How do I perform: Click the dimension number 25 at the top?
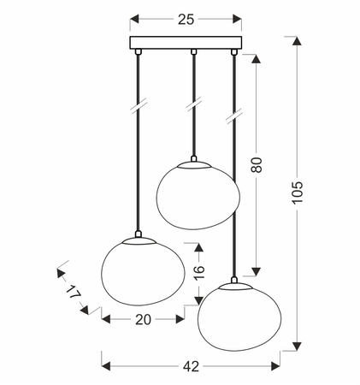click(186, 20)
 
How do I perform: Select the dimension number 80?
click(257, 164)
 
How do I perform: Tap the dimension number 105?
click(297, 192)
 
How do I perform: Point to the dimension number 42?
click(191, 366)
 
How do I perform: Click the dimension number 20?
click(143, 320)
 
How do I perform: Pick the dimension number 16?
click(199, 273)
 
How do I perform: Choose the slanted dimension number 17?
click(73, 293)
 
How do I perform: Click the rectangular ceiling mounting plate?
click(186, 43)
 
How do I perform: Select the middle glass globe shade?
click(198, 196)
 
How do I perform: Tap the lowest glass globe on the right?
click(239, 317)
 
